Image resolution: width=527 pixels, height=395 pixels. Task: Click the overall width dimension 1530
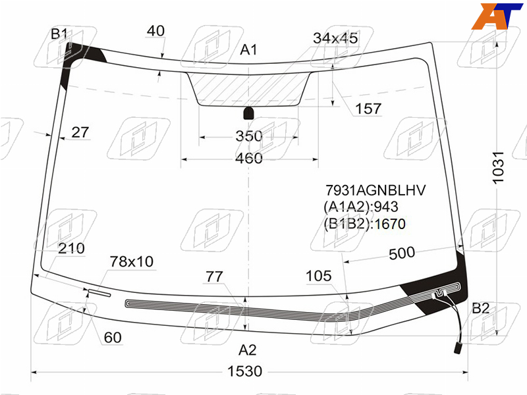point(244,371)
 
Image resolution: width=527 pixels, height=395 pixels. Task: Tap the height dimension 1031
point(498,167)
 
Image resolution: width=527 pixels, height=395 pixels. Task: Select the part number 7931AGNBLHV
point(375,190)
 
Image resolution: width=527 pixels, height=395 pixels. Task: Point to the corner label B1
point(59,34)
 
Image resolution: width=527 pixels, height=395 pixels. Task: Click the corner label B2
point(481,308)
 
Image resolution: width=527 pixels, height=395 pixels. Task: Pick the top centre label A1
point(248,50)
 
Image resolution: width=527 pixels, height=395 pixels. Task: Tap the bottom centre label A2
point(248,350)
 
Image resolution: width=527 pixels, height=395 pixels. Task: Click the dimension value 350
point(249,136)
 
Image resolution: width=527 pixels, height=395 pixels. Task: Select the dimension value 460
point(249,158)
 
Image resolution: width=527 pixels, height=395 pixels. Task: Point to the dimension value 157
point(368,109)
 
